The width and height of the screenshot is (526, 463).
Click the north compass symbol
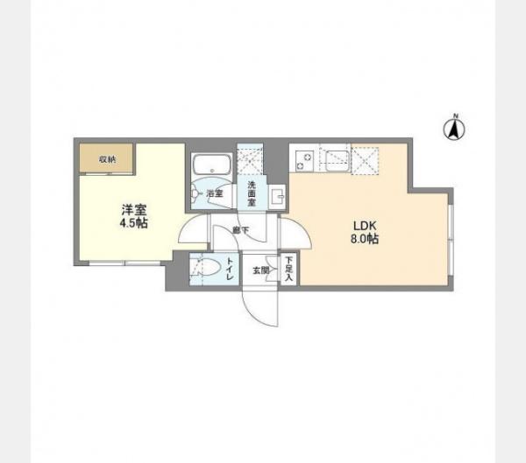coord(455,128)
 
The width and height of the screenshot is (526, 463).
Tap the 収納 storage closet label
coord(106,159)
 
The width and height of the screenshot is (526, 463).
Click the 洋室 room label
coord(133,210)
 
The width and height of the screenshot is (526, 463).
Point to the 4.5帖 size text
coord(133,224)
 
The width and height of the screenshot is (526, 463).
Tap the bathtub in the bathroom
coord(210,166)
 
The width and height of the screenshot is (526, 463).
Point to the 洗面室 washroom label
coord(251,192)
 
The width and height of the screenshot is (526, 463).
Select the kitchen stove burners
coord(304,158)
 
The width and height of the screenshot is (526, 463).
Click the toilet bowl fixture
coord(203,268)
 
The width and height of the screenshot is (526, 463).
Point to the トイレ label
coord(230,267)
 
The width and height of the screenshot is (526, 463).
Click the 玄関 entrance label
coord(260,270)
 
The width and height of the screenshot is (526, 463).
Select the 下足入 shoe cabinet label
coord(288,269)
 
